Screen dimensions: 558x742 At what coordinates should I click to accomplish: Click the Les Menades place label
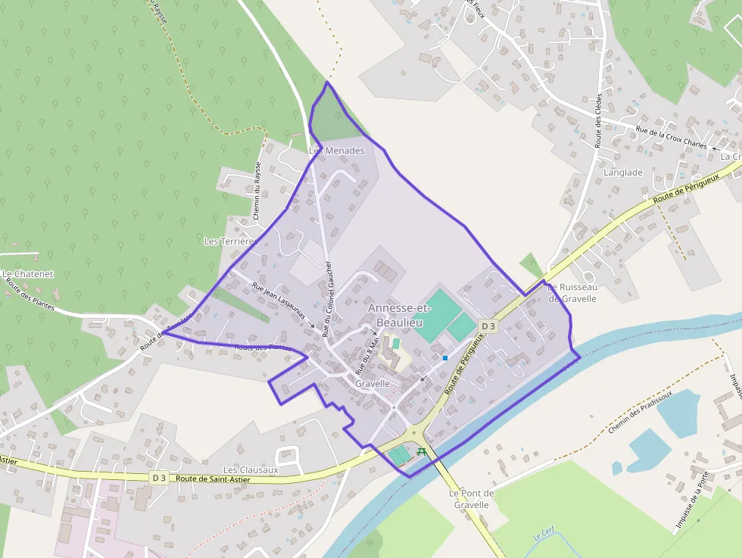click(x=337, y=151)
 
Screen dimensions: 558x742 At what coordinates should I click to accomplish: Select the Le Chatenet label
click(x=28, y=274)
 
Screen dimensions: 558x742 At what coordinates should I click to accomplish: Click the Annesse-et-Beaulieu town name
click(x=399, y=316)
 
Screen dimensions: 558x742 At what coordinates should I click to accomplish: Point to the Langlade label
click(x=623, y=173)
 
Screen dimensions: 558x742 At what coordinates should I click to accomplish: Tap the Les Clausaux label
click(x=251, y=470)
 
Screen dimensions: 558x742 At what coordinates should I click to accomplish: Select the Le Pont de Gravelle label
click(x=471, y=499)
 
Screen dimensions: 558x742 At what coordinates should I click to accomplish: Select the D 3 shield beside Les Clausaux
click(x=158, y=478)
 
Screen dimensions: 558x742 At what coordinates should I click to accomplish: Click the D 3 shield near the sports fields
click(x=488, y=326)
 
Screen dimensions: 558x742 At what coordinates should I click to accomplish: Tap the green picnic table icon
click(x=421, y=452)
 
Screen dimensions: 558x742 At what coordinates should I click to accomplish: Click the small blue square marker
click(x=445, y=357)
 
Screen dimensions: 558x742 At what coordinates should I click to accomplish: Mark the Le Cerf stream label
click(x=544, y=535)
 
